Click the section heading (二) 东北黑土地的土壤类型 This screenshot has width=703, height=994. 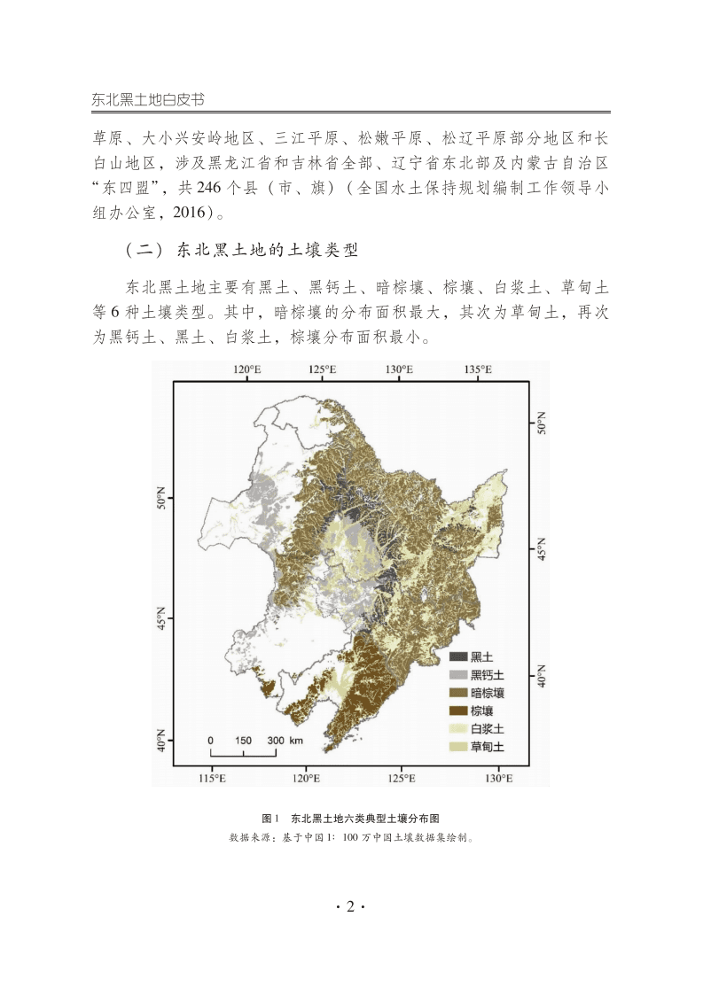coord(241,250)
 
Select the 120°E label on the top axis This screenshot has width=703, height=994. coord(246,369)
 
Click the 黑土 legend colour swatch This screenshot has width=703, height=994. coord(458,656)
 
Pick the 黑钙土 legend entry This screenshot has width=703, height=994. coord(477,675)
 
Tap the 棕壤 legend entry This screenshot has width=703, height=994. coord(472,711)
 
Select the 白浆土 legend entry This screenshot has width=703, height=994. coord(477,729)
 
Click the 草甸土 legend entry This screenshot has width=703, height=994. coord(477,747)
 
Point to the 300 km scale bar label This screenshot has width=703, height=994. coord(285,740)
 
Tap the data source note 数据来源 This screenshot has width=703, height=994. coord(351,836)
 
